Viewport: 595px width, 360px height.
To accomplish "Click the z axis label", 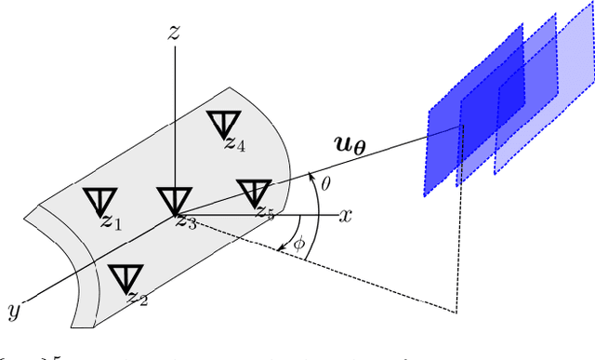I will (x=174, y=33).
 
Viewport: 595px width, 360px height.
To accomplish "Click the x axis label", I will (x=346, y=216).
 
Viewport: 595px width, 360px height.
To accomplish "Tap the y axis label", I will (x=15, y=308).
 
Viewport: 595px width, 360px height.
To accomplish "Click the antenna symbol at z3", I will (x=173, y=199).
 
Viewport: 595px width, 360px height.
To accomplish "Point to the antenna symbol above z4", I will (x=221, y=122).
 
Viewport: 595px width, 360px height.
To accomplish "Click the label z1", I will (x=112, y=222).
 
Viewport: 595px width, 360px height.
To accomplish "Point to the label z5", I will (x=265, y=213).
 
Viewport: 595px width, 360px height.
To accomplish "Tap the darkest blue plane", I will (x=444, y=149).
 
